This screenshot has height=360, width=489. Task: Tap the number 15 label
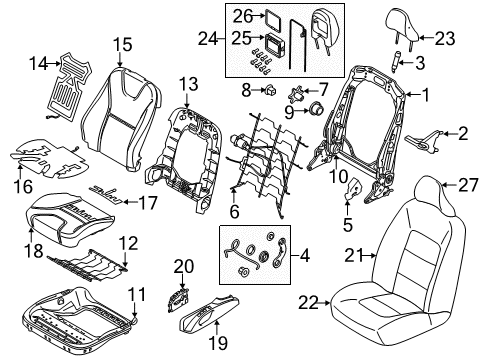tap(122, 43)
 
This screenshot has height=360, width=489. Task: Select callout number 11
tap(139, 292)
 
